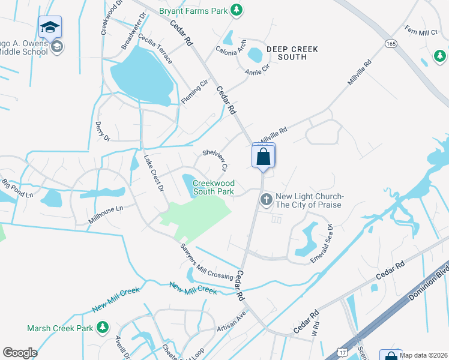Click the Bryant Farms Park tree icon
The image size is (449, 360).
(x=237, y=10)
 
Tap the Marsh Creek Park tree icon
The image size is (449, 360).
(x=103, y=327)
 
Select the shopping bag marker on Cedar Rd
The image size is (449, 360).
(x=263, y=157)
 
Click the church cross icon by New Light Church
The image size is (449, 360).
(x=267, y=199)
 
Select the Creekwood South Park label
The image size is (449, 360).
(x=213, y=187)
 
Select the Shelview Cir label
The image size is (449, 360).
(x=215, y=160)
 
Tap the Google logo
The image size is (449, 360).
(x=20, y=353)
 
